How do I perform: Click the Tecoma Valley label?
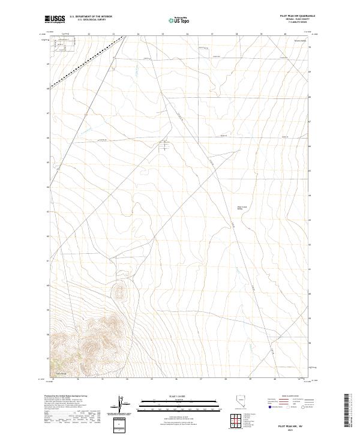click(x=300, y=40)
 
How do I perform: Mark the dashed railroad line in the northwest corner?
click(x=87, y=62)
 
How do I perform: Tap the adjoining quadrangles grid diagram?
click(x=233, y=420)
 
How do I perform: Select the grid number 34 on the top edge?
click(x=138, y=34)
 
